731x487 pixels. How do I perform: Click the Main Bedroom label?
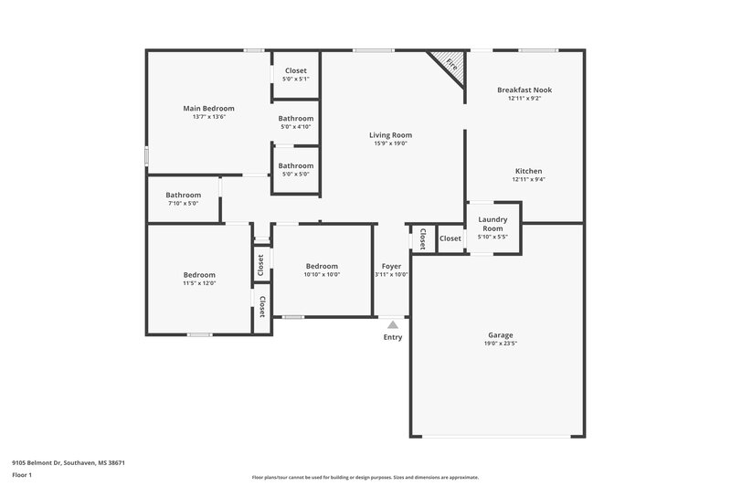point(208,108)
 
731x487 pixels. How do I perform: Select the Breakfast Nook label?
point(524,90)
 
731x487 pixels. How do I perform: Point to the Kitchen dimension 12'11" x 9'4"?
point(528,179)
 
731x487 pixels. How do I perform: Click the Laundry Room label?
point(493,224)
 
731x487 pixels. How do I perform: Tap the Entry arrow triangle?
point(392,323)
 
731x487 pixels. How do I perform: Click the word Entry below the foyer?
point(392,336)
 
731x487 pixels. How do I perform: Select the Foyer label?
point(391,266)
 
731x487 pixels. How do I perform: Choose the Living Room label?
point(390,135)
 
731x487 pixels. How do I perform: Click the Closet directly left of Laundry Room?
point(450,238)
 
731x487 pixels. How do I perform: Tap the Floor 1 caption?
point(22,476)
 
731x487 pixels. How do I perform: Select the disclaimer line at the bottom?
point(365,477)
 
